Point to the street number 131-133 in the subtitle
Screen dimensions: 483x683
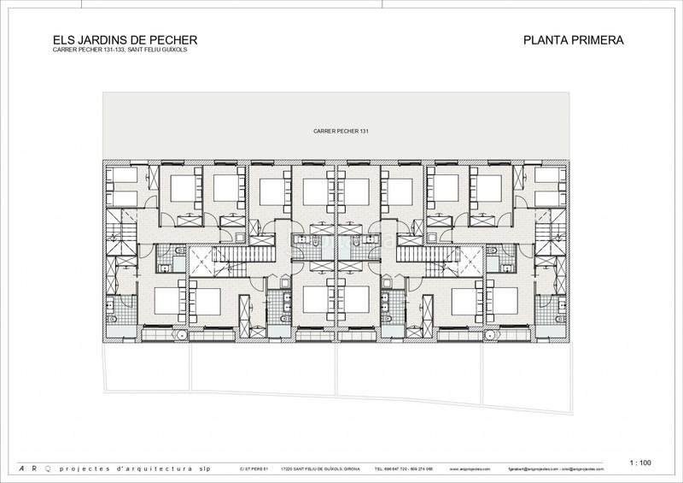(x=106, y=50)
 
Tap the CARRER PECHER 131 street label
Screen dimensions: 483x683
(x=341, y=131)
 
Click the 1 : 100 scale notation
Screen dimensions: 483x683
(x=639, y=462)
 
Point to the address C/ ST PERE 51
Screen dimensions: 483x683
(x=254, y=469)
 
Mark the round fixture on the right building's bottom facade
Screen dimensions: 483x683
(x=490, y=335)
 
